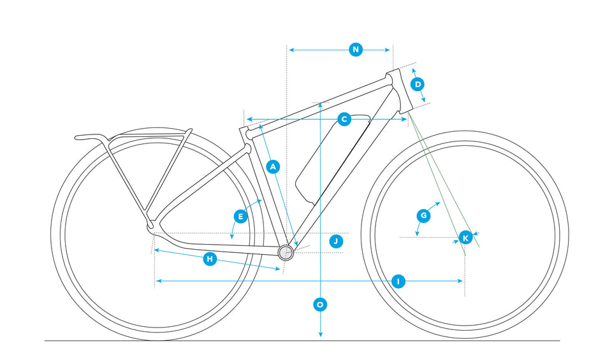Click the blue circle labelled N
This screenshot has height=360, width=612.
pyautogui.click(x=356, y=50)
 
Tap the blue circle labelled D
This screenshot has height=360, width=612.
pyautogui.click(x=418, y=84)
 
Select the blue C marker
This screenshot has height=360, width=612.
pyautogui.click(x=344, y=119)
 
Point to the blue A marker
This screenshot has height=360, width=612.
pyautogui.click(x=273, y=167)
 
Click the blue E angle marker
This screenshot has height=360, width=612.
pyautogui.click(x=240, y=217)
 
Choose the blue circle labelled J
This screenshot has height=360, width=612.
pyautogui.click(x=336, y=241)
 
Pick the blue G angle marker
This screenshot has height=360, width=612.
pyautogui.click(x=423, y=216)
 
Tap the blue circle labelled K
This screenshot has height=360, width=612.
pyautogui.click(x=465, y=238)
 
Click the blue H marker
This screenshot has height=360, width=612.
pyautogui.click(x=210, y=259)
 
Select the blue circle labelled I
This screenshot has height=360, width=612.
pyautogui.click(x=398, y=281)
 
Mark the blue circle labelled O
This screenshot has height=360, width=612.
pyautogui.click(x=320, y=304)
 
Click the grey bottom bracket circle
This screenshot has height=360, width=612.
pyautogui.click(x=286, y=253)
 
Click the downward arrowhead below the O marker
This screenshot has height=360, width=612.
pyautogui.click(x=321, y=334)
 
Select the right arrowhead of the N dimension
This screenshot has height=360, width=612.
pyautogui.click(x=387, y=50)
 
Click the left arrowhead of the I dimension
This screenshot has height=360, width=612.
pyautogui.click(x=158, y=281)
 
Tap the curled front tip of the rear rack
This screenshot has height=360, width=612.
pyautogui.click(x=78, y=137)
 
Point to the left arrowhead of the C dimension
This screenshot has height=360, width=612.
pyautogui.click(x=249, y=119)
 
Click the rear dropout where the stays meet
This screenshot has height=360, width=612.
pyautogui.click(x=152, y=226)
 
